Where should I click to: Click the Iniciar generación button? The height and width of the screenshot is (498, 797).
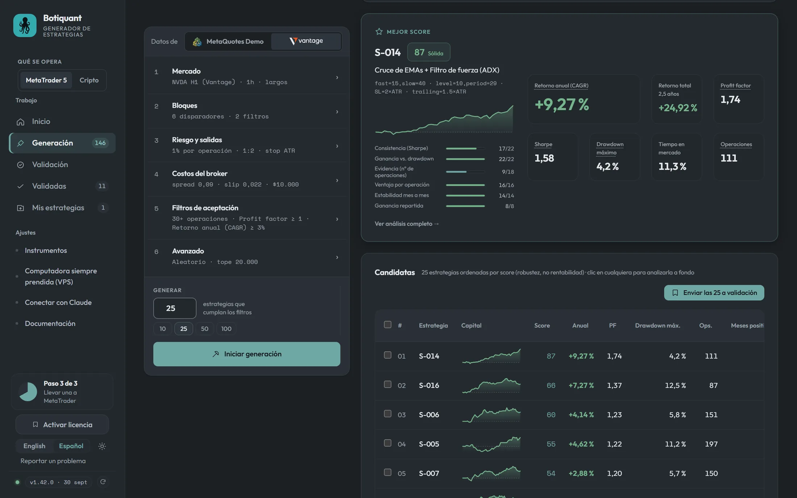click(x=246, y=354)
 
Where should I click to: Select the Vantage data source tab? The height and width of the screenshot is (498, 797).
click(x=306, y=41)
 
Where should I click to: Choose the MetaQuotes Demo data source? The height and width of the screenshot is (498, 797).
click(x=228, y=41)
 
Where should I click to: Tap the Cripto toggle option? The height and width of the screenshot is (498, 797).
click(x=89, y=80)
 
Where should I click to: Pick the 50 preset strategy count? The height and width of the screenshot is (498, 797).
click(x=205, y=328)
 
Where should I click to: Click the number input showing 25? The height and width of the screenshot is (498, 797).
click(x=175, y=308)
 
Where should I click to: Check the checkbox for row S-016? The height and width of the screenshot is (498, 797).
click(x=388, y=384)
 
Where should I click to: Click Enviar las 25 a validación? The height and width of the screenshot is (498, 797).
click(x=714, y=293)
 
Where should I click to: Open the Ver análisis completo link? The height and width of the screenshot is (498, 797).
click(x=406, y=223)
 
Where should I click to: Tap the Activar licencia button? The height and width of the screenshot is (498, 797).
click(x=62, y=424)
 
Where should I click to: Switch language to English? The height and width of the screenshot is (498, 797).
click(x=34, y=446)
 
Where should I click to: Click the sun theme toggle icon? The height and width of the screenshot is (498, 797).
click(x=102, y=446)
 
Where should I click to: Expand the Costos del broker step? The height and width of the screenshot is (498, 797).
click(x=246, y=179)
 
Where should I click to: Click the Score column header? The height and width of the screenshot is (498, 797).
click(x=542, y=325)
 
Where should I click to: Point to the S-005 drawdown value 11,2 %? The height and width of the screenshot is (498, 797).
click(x=675, y=444)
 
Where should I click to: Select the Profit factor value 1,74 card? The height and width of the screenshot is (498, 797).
click(x=739, y=99)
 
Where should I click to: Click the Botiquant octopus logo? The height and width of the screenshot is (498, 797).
click(x=25, y=25)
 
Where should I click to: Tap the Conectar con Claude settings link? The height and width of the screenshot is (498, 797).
click(x=58, y=302)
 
